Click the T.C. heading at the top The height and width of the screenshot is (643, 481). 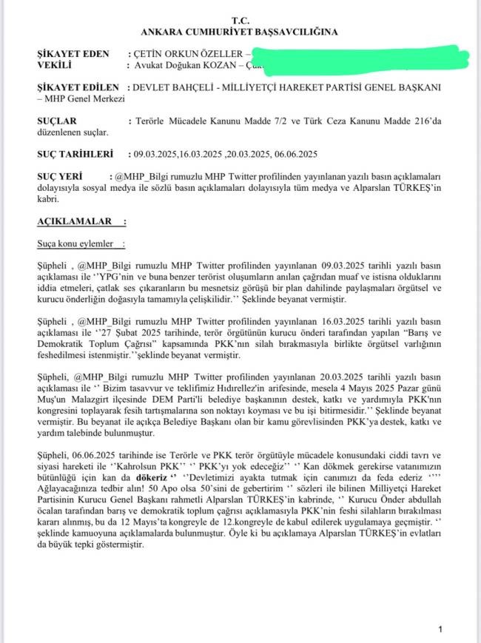(x=240, y=21)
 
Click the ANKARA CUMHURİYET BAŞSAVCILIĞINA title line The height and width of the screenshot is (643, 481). (x=240, y=33)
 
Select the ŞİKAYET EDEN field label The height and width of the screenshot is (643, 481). (x=73, y=54)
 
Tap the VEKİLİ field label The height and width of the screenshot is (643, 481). (x=55, y=65)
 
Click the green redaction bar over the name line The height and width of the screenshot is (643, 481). (x=348, y=57)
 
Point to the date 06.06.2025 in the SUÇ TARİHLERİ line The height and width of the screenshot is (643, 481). (x=294, y=154)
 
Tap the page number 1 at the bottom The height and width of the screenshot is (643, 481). (x=440, y=629)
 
